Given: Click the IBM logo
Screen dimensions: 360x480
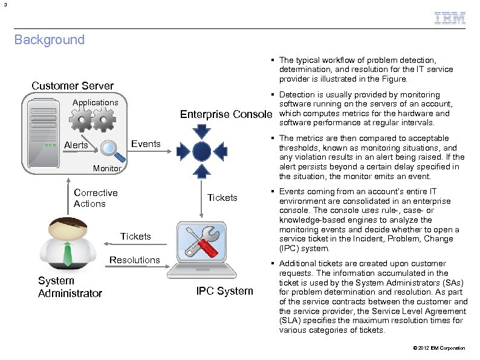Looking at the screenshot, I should [x=450, y=18].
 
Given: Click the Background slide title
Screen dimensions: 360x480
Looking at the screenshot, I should [x=50, y=40].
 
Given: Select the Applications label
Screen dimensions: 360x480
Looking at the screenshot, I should [x=95, y=102].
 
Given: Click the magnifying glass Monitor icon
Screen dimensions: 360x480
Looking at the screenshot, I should [x=109, y=148].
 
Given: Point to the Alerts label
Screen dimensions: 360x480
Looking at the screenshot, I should [x=76, y=145].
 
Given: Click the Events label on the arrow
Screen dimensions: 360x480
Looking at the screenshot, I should [x=146, y=143].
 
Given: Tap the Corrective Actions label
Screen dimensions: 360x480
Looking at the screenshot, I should [x=96, y=198].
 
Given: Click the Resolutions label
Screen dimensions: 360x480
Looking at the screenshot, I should [x=134, y=260].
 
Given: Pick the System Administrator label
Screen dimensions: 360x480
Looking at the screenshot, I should [x=70, y=287].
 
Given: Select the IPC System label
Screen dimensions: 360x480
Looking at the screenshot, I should [x=224, y=291].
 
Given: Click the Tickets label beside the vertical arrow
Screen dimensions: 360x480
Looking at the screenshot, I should [x=222, y=198].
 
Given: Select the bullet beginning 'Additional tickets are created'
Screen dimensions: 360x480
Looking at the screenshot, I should [x=373, y=296].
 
